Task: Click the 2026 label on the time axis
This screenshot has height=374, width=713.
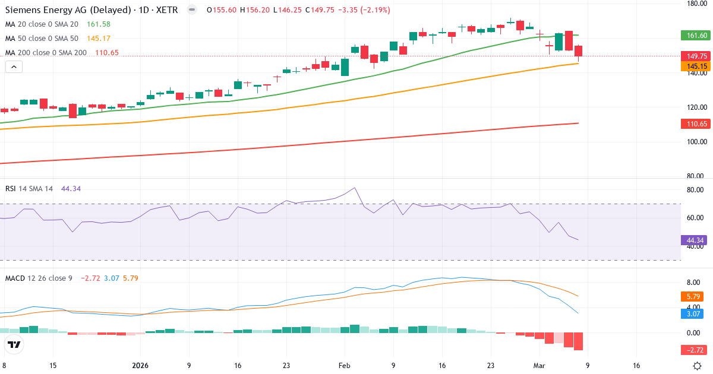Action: (140, 366)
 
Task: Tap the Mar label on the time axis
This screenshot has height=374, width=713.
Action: (538, 366)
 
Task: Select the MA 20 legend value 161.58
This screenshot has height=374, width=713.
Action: (99, 24)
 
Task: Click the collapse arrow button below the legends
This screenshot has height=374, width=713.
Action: (14, 67)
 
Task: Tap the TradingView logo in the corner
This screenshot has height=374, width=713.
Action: (14, 344)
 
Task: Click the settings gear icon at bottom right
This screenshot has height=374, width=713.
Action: (699, 366)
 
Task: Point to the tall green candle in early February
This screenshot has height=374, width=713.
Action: (345, 67)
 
